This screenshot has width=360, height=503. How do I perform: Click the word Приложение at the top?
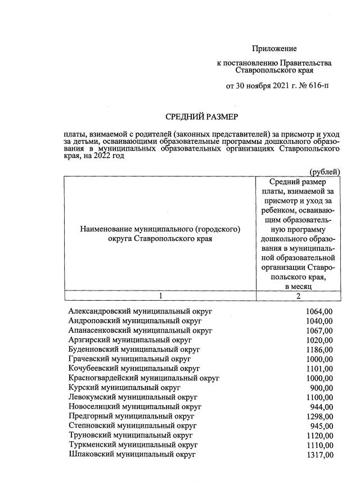[274, 49]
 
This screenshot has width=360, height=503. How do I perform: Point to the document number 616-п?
[320, 87]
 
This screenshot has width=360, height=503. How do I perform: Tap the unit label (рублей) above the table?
[325, 171]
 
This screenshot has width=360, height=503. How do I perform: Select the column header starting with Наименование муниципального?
[160, 233]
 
